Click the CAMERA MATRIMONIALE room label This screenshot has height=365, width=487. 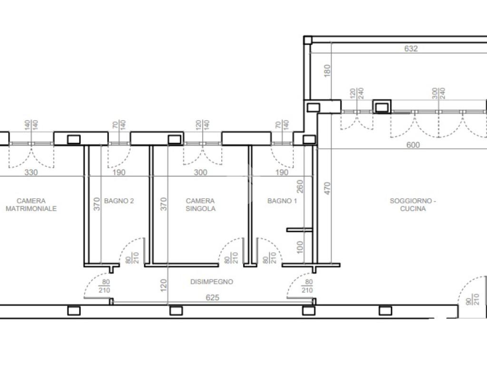tap(31, 204)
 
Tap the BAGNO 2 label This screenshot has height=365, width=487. tap(119, 201)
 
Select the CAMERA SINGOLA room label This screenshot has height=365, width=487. tap(200, 204)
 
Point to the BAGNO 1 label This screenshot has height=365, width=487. tap(282, 201)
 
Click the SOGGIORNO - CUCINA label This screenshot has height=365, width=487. tap(413, 204)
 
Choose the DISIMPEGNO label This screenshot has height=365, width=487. tap(212, 281)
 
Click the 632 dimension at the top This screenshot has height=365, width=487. tap(411, 48)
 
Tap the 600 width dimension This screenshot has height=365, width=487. tap(413, 144)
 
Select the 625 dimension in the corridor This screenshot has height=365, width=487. tap(213, 298)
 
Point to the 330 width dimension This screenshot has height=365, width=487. tap(31, 172)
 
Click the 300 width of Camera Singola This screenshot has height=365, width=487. tap(200, 172)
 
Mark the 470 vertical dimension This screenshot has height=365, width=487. tap(327, 188)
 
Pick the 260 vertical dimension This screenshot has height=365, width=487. tap(300, 186)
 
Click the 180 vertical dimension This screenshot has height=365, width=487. tap(327, 71)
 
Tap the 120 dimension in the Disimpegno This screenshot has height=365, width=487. tap(164, 285)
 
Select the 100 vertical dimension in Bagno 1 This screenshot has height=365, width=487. tap(300, 247)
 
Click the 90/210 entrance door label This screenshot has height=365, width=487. tap(473, 299)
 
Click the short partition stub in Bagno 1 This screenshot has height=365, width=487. tap(300, 230)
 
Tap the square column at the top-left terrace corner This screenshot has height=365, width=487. tap(308, 40)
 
